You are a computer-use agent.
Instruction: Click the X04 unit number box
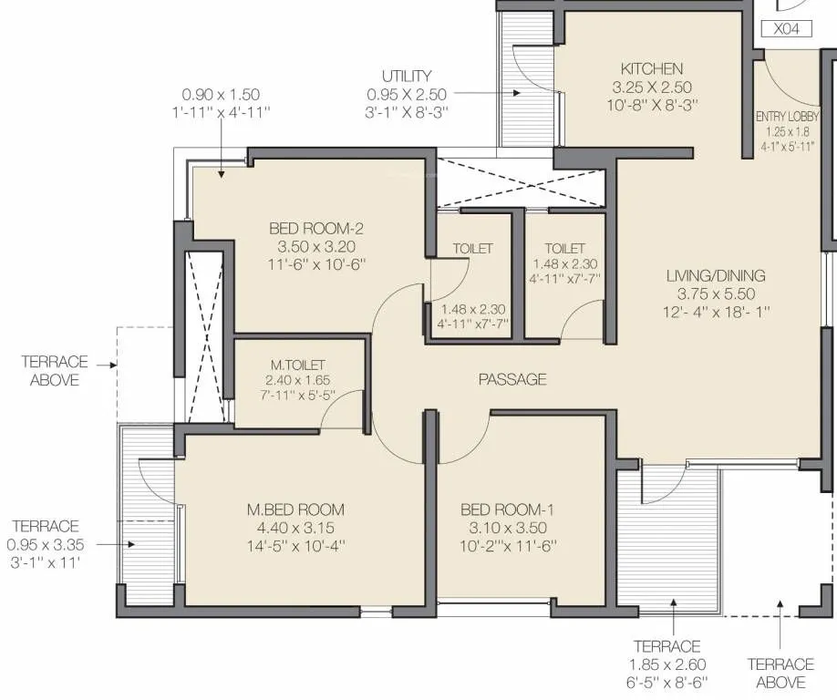[785, 28]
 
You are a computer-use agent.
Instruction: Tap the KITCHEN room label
[651, 68]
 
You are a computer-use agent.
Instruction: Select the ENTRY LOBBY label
[786, 117]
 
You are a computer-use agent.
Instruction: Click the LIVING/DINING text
[715, 275]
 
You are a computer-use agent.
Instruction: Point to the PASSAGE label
[512, 379]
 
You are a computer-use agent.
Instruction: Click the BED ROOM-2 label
[311, 228]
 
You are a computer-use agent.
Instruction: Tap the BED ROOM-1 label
[509, 509]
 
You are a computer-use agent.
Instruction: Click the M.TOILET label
[291, 365]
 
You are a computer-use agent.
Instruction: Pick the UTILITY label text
[407, 77]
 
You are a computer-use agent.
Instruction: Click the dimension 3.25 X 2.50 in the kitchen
[651, 87]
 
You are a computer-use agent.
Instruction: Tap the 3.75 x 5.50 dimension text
[715, 293]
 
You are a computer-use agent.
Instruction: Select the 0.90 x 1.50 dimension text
[221, 94]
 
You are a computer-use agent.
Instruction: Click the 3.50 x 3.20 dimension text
[311, 246]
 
